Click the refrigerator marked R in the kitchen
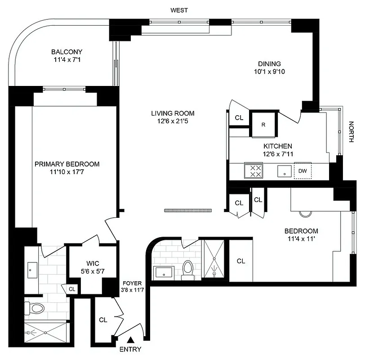click(x=263, y=124)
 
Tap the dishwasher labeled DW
click(x=303, y=171)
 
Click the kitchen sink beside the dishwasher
click(x=285, y=171)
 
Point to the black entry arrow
click(x=131, y=340)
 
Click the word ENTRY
click(x=131, y=349)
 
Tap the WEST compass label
click(x=179, y=10)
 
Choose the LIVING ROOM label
click(x=173, y=113)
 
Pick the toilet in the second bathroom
click(x=188, y=268)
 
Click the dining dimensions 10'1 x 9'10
click(x=269, y=71)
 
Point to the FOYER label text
click(x=133, y=283)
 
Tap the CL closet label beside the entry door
click(x=103, y=320)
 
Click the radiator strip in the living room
click(x=188, y=210)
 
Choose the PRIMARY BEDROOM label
click(x=67, y=164)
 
